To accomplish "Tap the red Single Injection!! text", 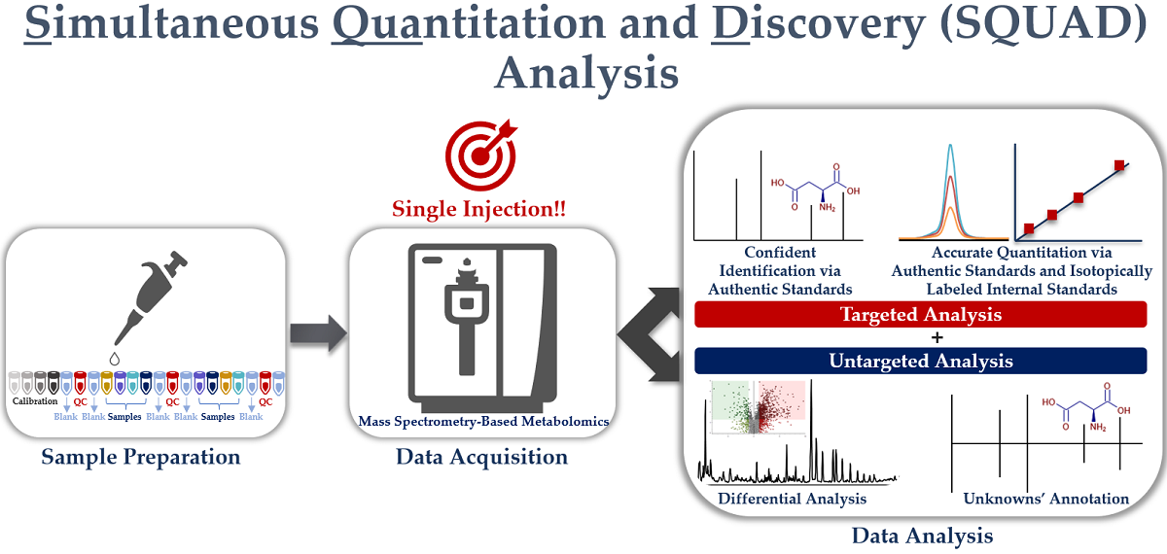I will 479,209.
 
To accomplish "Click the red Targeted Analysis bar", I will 920,315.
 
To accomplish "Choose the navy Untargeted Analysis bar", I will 920,361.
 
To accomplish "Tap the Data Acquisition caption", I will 481,456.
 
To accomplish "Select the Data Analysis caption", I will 922,535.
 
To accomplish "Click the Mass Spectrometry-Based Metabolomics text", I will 482,421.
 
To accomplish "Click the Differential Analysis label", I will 792,499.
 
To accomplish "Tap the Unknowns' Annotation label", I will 1045,499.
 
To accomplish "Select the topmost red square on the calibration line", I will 1120,166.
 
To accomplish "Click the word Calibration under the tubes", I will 35,401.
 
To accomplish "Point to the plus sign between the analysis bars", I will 920,338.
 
